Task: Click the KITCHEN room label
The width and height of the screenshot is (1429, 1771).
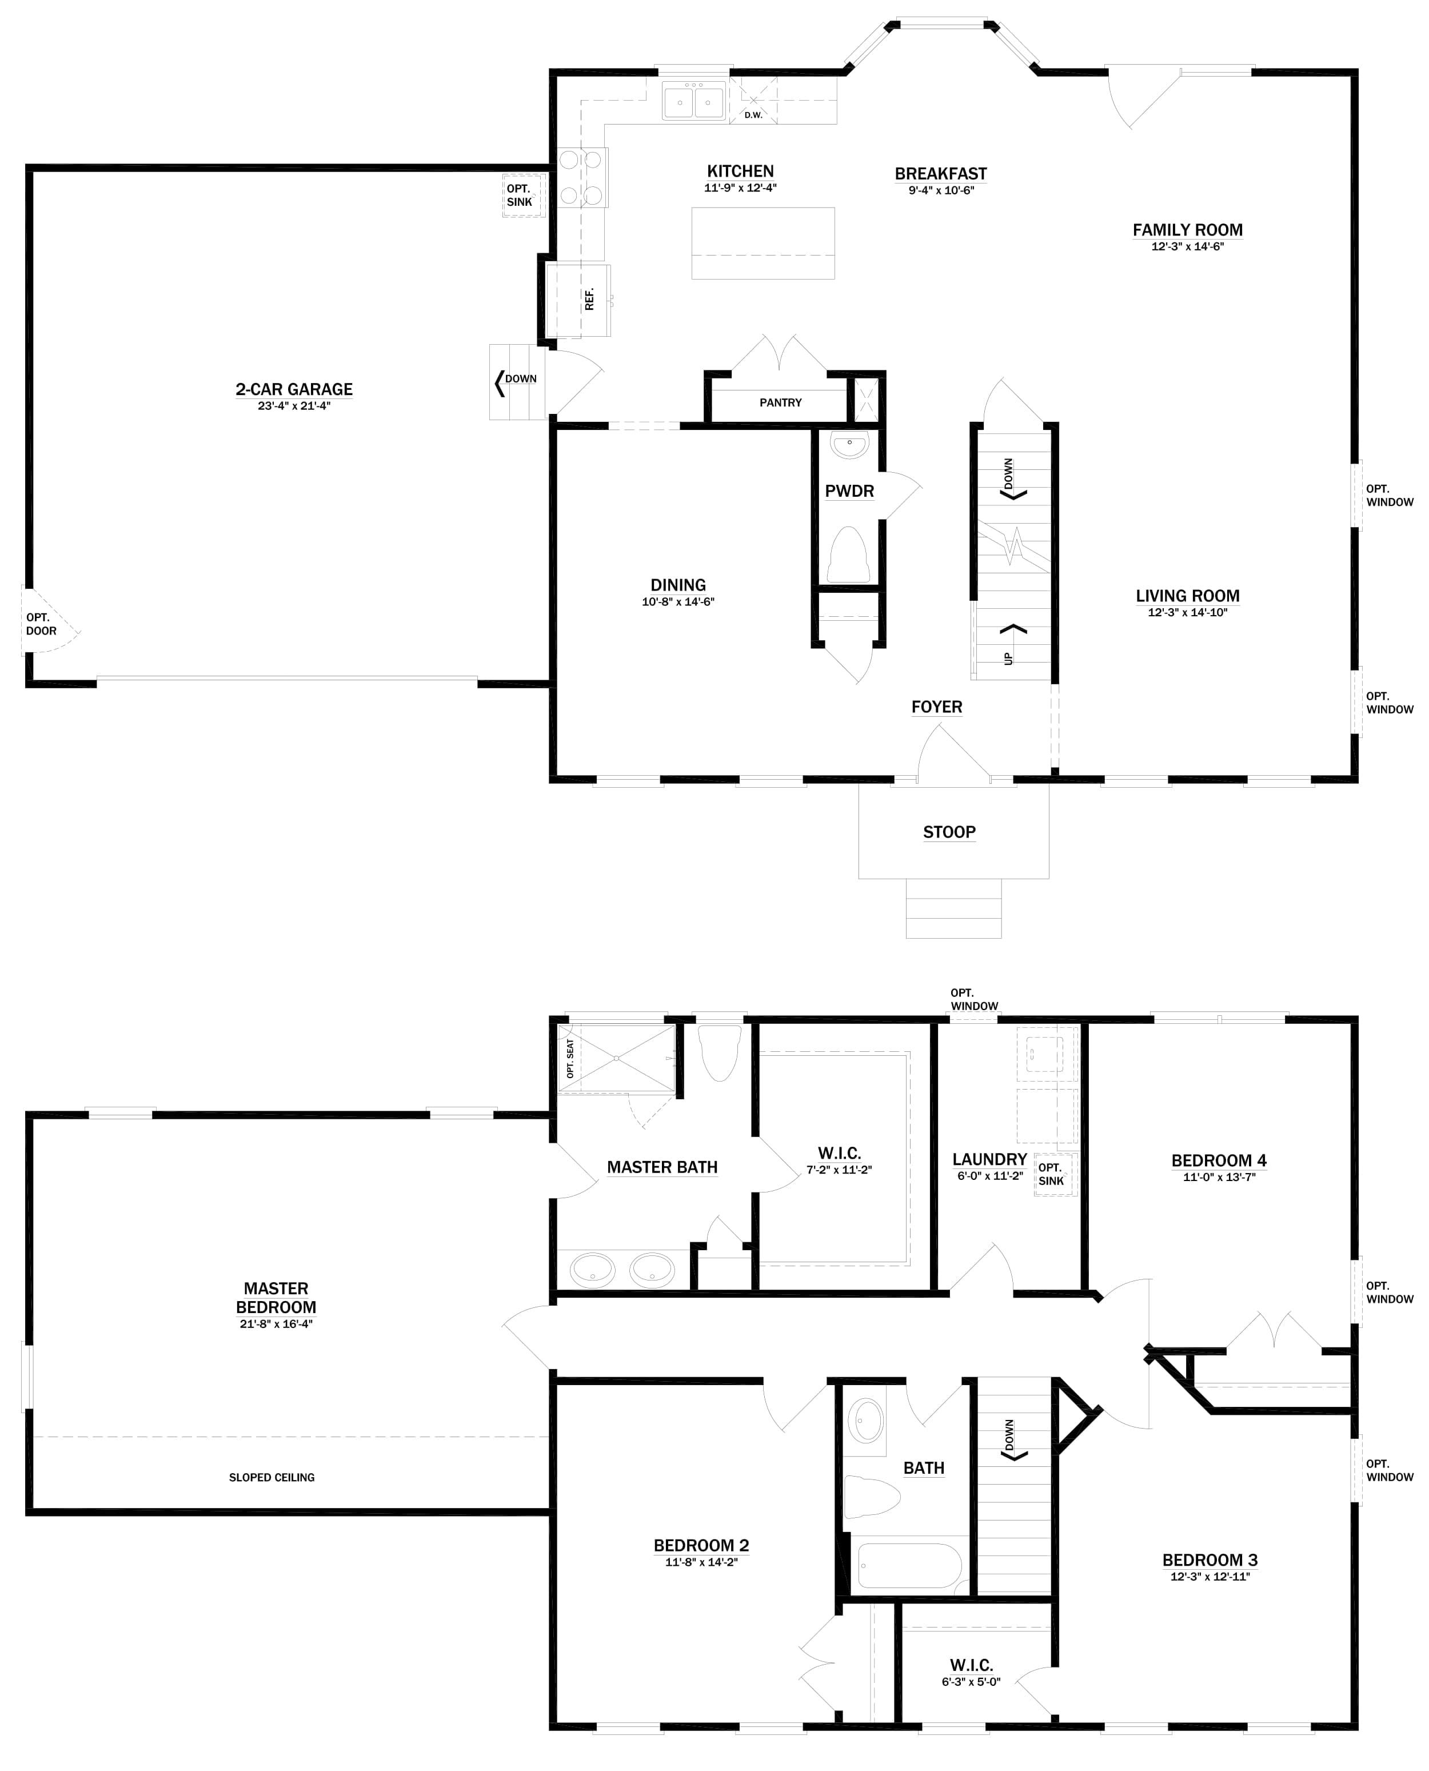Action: pyautogui.click(x=740, y=171)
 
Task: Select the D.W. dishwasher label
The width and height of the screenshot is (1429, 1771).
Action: pyautogui.click(x=753, y=115)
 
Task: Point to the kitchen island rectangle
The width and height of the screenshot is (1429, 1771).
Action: pyautogui.click(x=763, y=244)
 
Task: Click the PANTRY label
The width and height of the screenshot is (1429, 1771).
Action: pyautogui.click(x=780, y=402)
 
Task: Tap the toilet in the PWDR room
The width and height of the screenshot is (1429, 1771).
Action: pyautogui.click(x=848, y=556)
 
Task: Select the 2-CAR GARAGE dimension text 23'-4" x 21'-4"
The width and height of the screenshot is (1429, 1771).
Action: pyautogui.click(x=294, y=406)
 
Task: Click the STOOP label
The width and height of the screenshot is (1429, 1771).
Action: pyautogui.click(x=948, y=832)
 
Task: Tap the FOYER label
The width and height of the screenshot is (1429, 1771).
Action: pyautogui.click(x=936, y=707)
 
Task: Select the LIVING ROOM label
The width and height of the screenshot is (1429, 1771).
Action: pyautogui.click(x=1187, y=595)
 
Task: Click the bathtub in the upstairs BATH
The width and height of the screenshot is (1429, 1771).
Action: pyautogui.click(x=909, y=1565)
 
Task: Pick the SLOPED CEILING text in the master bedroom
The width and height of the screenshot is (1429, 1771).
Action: pyautogui.click(x=272, y=1477)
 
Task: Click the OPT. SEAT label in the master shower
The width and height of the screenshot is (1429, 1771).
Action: pyautogui.click(x=570, y=1059)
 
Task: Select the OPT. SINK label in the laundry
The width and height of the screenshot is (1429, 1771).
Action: pyautogui.click(x=1051, y=1174)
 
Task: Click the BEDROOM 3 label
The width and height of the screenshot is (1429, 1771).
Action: pyautogui.click(x=1209, y=1559)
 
